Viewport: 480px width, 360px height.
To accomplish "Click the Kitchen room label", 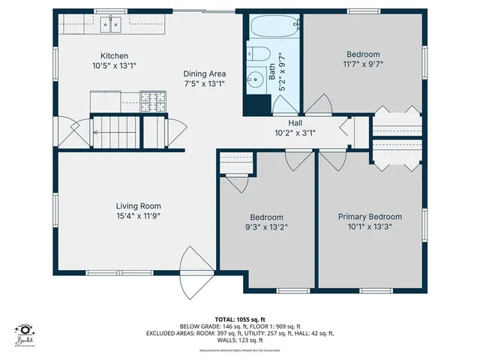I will pyautogui.click(x=115, y=55).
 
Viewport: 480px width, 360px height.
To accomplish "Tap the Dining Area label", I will pyautogui.click(x=205, y=73).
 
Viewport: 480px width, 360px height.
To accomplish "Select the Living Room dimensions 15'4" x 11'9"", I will pyautogui.click(x=139, y=216).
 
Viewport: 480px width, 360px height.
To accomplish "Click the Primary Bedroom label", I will pyautogui.click(x=370, y=216).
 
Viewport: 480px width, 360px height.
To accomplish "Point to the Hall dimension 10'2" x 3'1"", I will pyautogui.click(x=295, y=133).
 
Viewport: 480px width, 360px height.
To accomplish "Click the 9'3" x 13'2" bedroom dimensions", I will pyautogui.click(x=266, y=226).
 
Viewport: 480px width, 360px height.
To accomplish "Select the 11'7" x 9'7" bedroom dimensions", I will pyautogui.click(x=363, y=64).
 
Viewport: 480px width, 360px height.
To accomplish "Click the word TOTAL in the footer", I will pyautogui.click(x=226, y=319).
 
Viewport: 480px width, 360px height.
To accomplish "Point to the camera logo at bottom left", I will pyautogui.click(x=26, y=331).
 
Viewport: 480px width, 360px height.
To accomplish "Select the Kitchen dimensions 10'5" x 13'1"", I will pyautogui.click(x=115, y=65).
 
